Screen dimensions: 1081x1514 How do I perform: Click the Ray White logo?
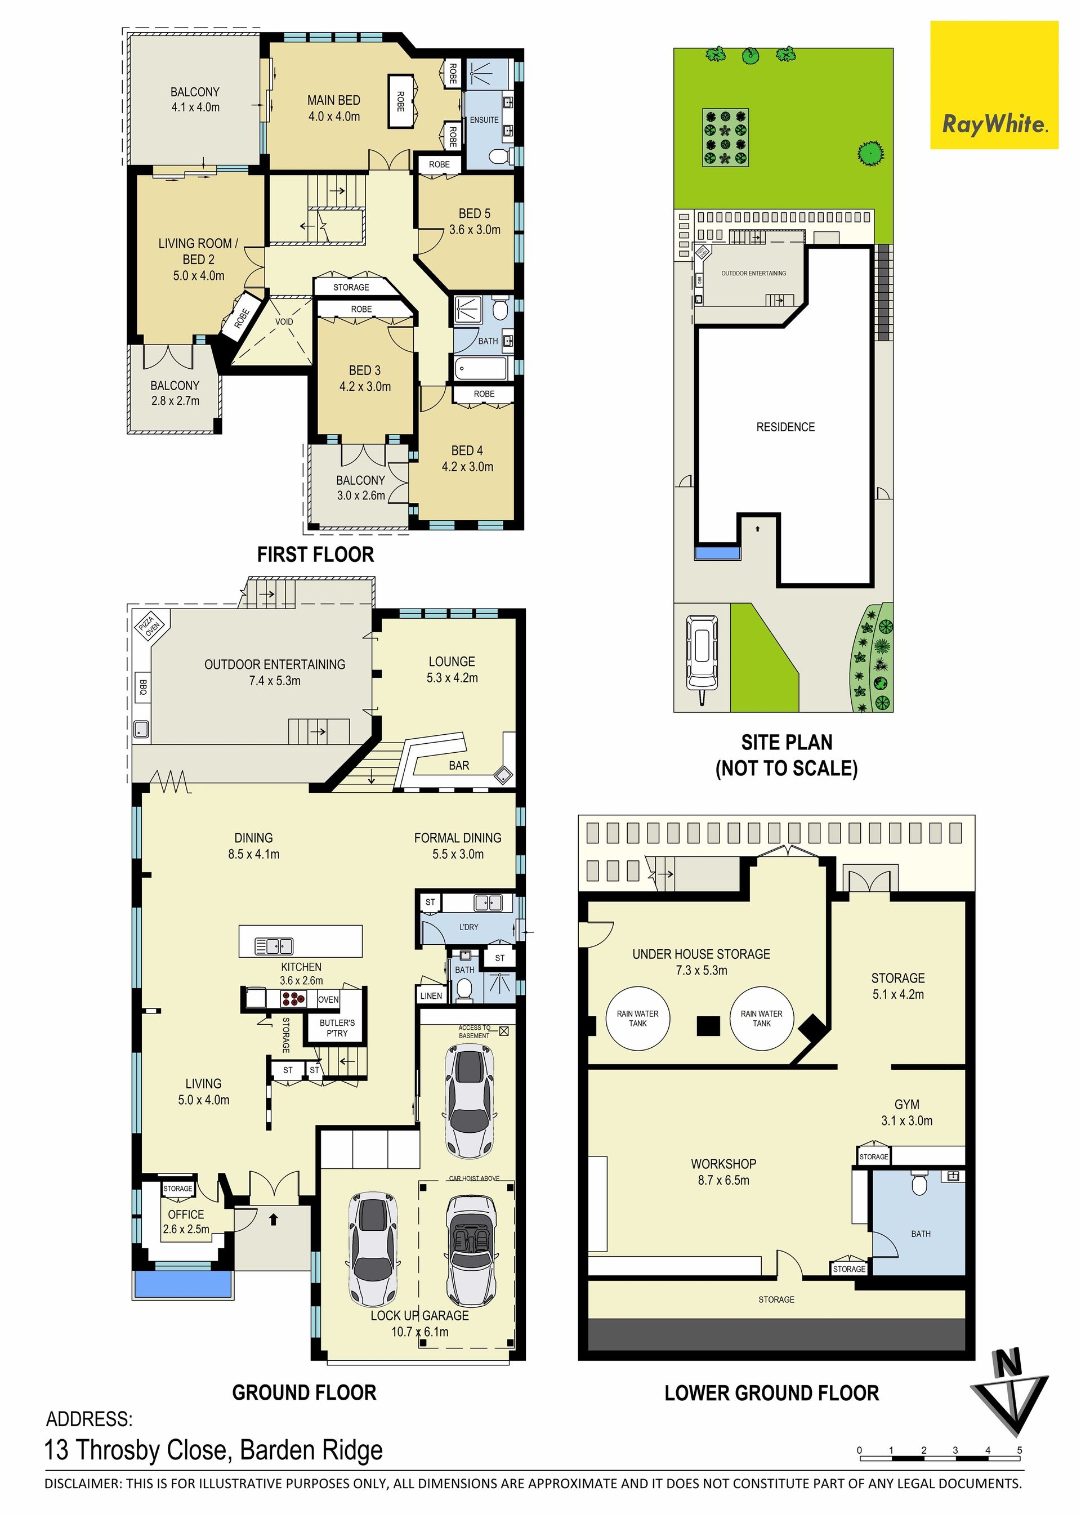point(994,84)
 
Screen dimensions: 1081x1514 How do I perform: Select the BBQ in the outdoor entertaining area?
point(142,687)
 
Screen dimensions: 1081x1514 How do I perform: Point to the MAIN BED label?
point(333,100)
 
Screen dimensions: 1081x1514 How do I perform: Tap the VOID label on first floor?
point(284,321)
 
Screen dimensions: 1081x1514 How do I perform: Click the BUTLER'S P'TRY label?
point(337,1028)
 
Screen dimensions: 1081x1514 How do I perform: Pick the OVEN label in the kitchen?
point(328,999)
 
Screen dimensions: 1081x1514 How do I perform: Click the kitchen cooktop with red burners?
point(293,998)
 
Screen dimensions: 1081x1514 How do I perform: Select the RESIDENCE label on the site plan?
point(785,427)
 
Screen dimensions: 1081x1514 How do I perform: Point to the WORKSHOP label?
point(723,1164)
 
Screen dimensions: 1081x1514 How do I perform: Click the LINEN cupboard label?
point(431,996)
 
